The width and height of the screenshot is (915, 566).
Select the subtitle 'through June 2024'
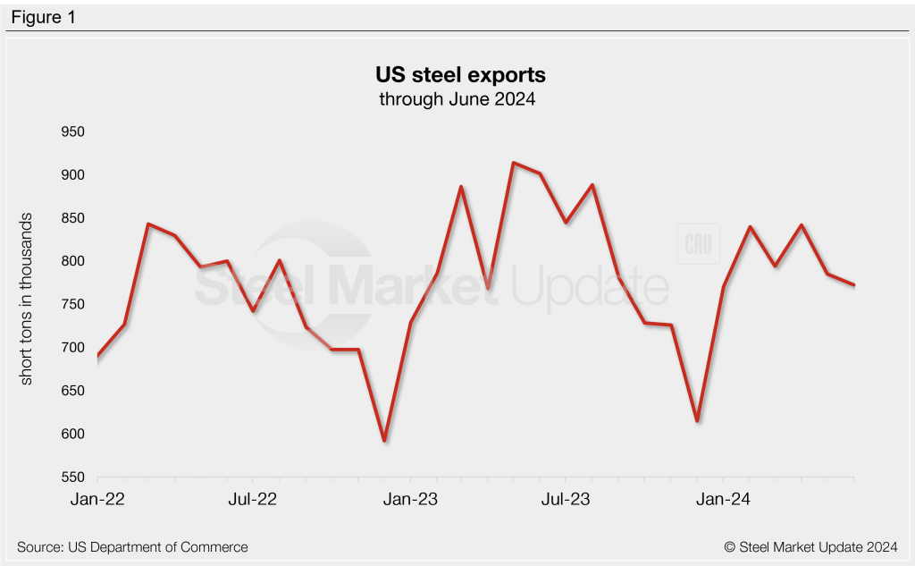click(x=457, y=99)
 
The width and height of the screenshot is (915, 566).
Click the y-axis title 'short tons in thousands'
click(x=27, y=300)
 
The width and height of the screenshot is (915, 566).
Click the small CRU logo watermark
click(x=697, y=244)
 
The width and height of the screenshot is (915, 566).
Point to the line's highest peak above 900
click(x=513, y=163)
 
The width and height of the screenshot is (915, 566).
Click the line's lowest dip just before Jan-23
click(x=384, y=441)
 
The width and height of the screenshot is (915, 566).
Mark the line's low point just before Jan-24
click(x=696, y=420)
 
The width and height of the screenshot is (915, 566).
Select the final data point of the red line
click(x=854, y=285)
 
